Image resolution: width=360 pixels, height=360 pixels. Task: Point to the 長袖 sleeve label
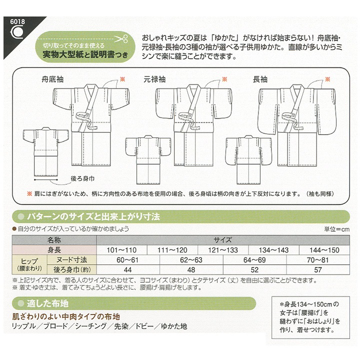tap(260, 78)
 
